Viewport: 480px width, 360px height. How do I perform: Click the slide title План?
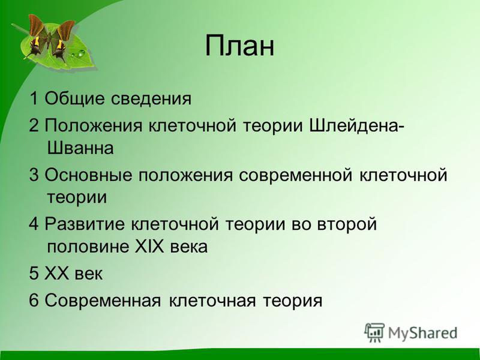coord(239,46)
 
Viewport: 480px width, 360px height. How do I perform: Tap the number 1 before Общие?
coord(34,98)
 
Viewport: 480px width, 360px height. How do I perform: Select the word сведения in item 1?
coord(151,98)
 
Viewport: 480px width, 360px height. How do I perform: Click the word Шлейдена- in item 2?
coord(356,125)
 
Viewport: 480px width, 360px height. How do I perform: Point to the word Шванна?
coord(80,148)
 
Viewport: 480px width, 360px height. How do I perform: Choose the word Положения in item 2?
coord(94,125)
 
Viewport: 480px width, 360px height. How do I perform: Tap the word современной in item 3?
coord(295,175)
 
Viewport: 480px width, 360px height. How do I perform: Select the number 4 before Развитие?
coord(34,224)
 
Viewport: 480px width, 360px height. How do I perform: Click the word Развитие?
coord(85,224)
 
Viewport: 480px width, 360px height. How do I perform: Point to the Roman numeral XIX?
coord(149,246)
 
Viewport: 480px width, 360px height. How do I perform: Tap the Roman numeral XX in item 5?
coord(56,273)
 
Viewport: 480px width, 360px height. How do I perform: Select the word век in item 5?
coord(88,274)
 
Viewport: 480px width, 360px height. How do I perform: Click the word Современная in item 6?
coord(103,301)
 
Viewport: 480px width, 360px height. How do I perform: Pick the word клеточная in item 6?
coord(212,301)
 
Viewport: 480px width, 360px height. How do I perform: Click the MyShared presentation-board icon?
coord(374,332)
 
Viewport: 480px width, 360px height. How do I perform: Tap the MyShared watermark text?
coord(423,333)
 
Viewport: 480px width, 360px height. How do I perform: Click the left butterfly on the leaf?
coord(35,37)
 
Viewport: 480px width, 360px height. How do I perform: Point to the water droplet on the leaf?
coord(81,53)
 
